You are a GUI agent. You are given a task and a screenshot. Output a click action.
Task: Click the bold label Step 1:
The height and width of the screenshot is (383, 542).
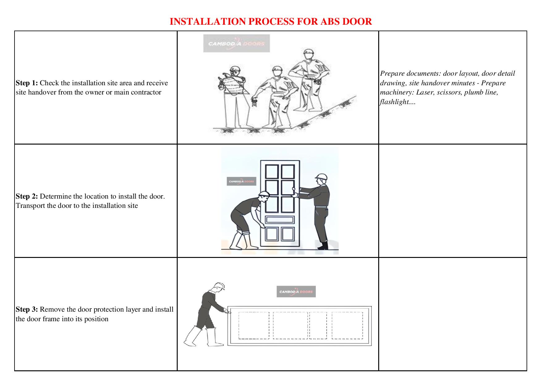27,83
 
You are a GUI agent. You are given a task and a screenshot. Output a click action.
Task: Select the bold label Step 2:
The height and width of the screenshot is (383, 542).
27,196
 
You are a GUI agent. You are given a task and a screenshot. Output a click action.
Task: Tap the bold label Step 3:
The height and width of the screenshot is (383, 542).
27,309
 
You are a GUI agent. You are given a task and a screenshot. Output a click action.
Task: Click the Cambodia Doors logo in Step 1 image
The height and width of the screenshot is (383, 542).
236,43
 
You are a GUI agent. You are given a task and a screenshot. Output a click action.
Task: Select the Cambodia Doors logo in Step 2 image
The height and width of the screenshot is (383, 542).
241,181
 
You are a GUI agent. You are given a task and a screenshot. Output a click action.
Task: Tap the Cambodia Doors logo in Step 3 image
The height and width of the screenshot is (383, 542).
296,292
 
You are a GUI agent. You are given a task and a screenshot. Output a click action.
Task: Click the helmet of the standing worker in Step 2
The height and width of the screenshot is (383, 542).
321,177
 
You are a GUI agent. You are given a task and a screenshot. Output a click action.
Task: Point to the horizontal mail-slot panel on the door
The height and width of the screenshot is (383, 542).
280,220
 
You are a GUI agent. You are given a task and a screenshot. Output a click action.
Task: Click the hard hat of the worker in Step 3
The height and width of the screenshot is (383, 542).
219,286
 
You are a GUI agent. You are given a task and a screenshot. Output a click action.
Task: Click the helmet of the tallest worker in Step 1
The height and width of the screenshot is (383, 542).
308,52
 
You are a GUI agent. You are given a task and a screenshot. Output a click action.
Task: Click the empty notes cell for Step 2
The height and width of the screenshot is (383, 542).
452,201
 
